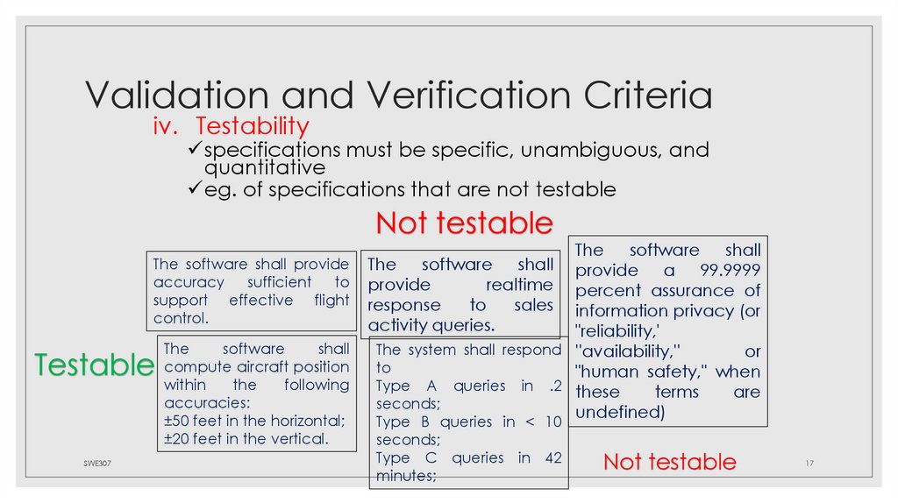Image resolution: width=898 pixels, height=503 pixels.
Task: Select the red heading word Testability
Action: [x=252, y=127]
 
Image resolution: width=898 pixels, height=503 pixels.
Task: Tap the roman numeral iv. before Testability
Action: [x=166, y=127]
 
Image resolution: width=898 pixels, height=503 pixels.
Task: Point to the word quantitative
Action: [x=265, y=166]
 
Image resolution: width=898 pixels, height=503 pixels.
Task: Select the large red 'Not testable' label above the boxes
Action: [x=464, y=223]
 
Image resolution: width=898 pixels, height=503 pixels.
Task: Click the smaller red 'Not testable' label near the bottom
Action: [x=669, y=462]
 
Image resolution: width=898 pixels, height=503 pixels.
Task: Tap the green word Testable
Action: [x=94, y=365]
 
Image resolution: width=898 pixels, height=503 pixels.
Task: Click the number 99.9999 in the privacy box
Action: [x=730, y=270]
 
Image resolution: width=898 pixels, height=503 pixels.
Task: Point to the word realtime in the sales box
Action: [x=520, y=285]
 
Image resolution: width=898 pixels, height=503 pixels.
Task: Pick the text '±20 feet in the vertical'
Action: [x=246, y=439]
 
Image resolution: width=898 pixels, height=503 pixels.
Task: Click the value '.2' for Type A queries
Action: [x=552, y=386]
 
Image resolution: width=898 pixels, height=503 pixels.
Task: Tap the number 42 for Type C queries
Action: [x=551, y=457]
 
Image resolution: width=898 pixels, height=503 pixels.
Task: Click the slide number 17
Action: [x=809, y=462]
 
